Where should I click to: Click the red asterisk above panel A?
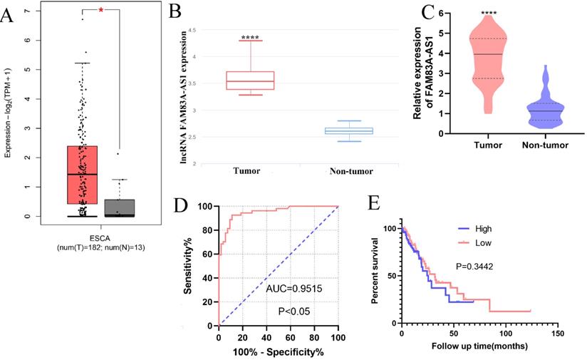[x=102, y=11]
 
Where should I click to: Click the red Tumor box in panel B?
[x=250, y=80]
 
